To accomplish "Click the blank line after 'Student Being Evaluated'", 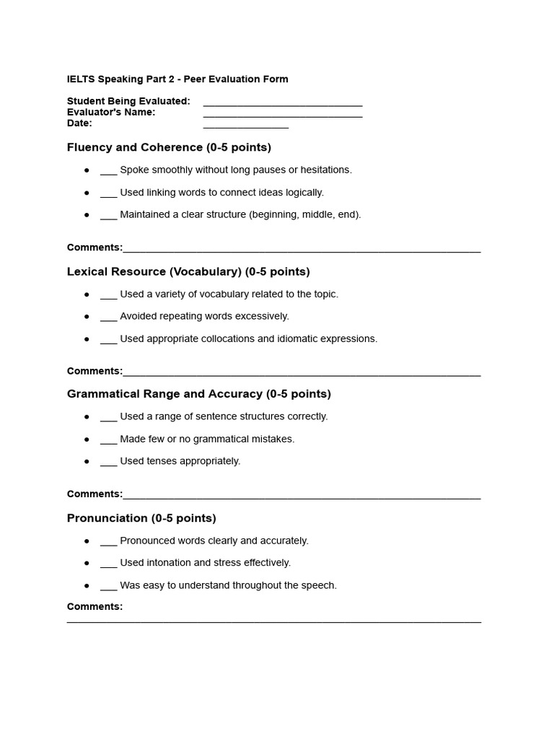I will (x=283, y=105).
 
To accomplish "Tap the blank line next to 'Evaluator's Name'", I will (x=283, y=116).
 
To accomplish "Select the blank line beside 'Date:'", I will (x=245, y=127).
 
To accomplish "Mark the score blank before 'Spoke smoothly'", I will (x=108, y=172).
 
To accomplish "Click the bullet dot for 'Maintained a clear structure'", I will (x=87, y=214).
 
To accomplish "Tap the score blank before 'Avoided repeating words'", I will (x=108, y=319).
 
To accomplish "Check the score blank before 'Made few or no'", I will (x=108, y=442).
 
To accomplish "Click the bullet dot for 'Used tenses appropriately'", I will (x=87, y=461).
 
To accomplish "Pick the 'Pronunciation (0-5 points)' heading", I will (x=141, y=518).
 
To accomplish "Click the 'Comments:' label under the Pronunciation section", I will (x=94, y=607).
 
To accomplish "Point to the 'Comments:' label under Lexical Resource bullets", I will (x=94, y=371).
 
